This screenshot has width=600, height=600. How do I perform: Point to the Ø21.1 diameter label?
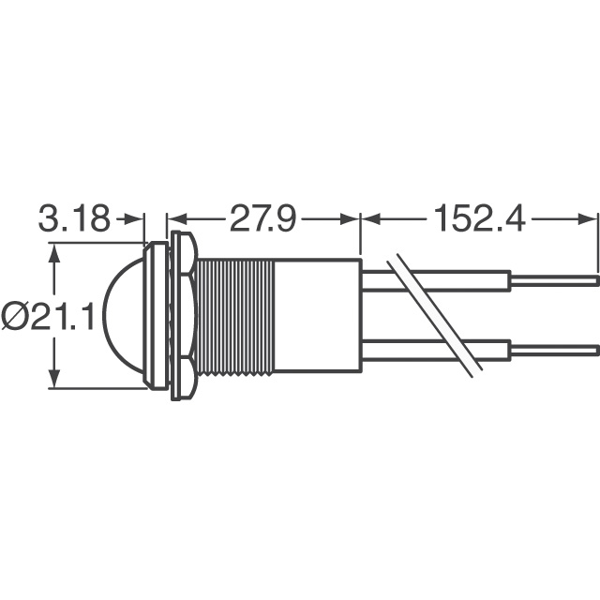click(x=49, y=318)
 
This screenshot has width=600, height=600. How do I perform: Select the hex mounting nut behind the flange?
click(x=184, y=317)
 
